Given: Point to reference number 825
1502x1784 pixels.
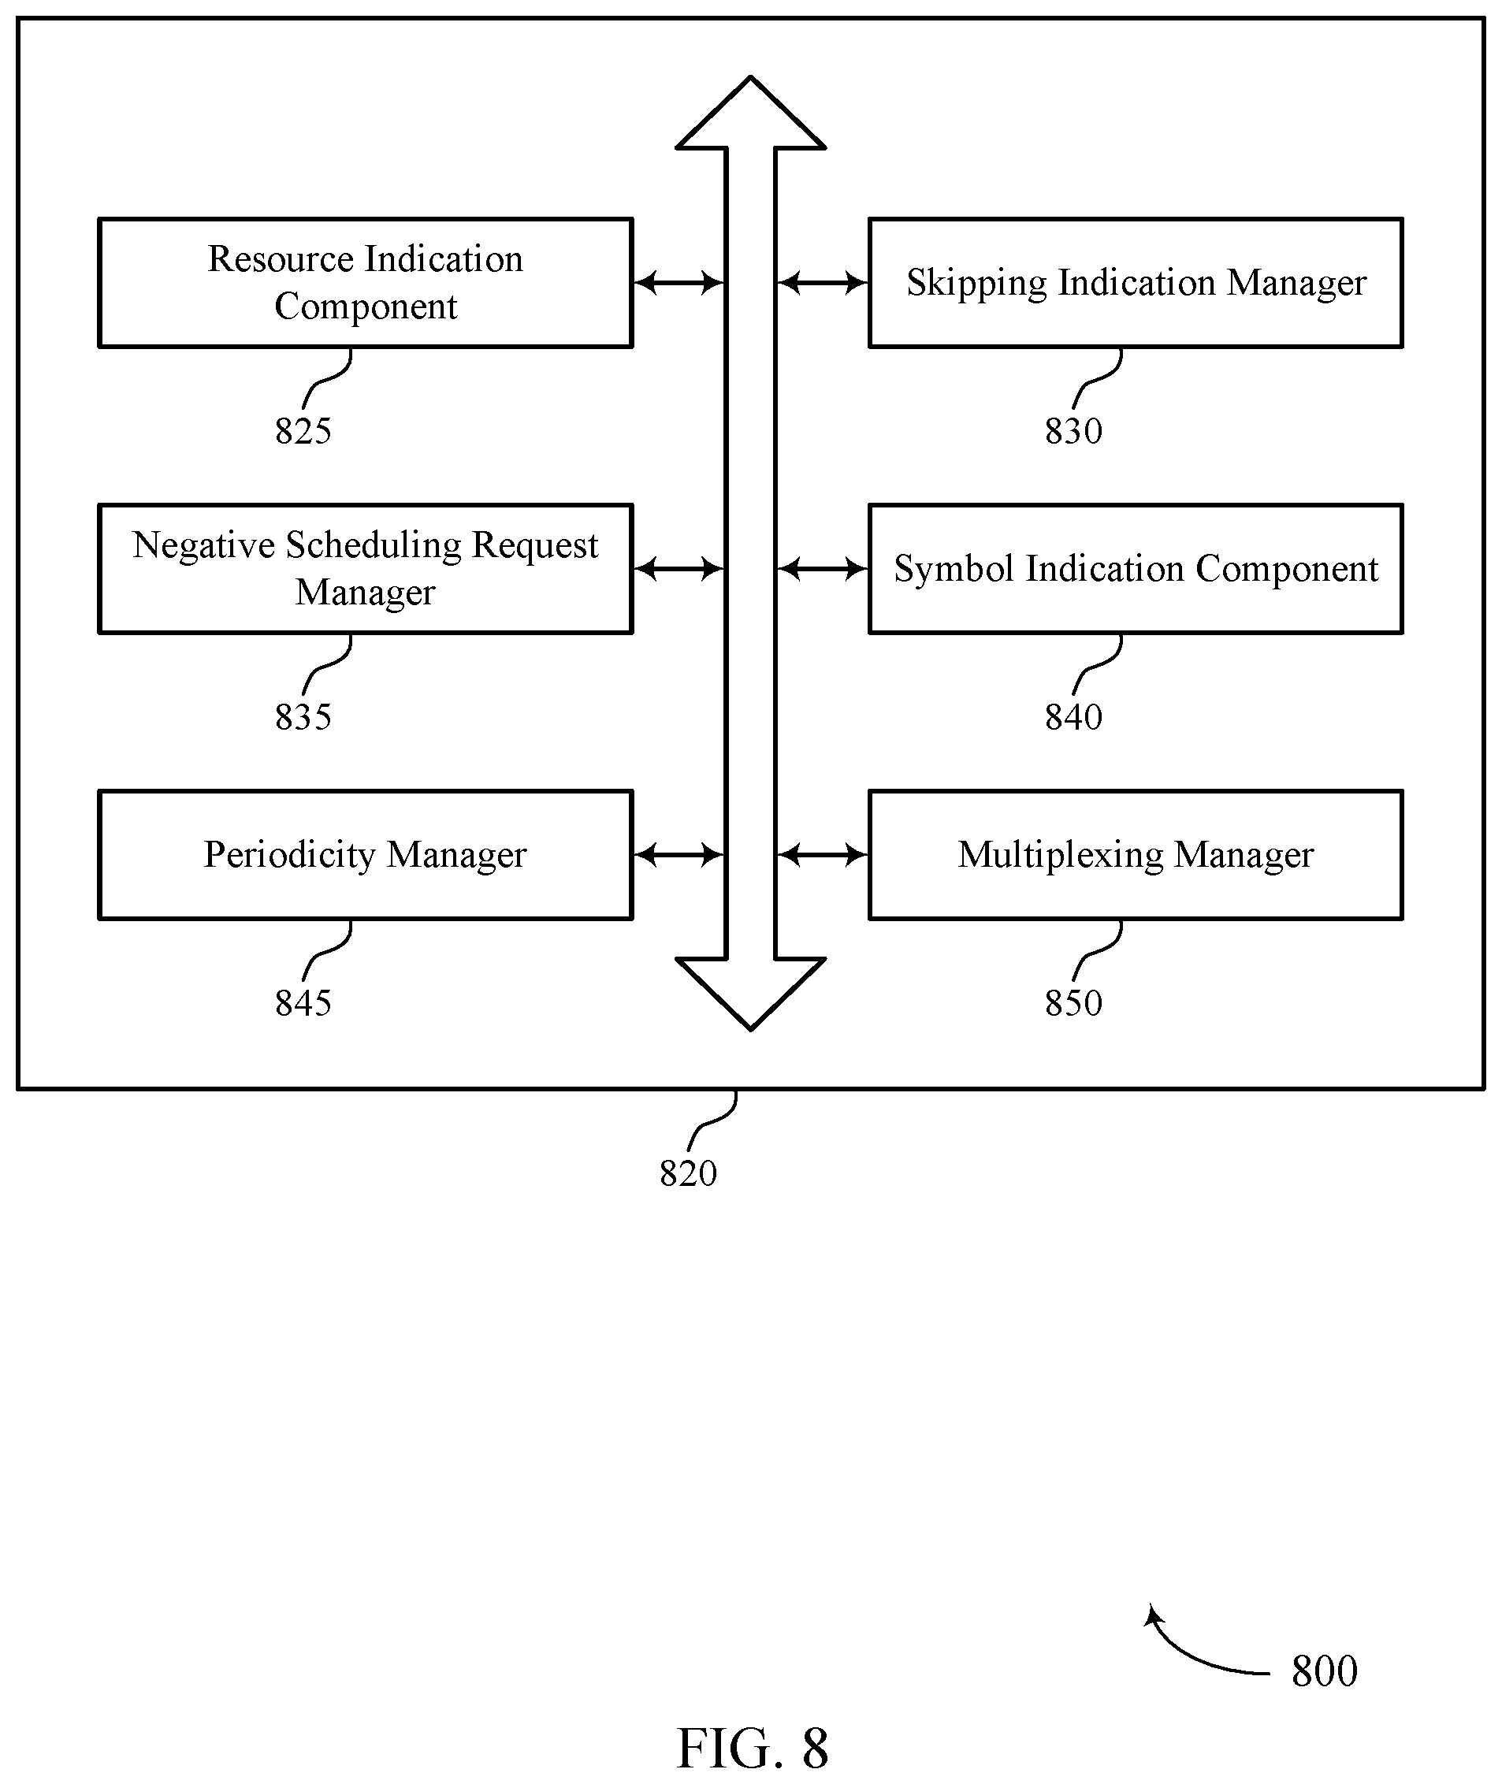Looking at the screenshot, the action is click(x=303, y=431).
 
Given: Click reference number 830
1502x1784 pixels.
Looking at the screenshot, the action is click(x=1074, y=431).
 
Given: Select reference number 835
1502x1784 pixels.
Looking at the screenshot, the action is click(x=303, y=717).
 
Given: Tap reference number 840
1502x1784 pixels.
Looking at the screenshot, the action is click(x=1074, y=717).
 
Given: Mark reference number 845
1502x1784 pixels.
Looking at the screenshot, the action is click(x=303, y=1003).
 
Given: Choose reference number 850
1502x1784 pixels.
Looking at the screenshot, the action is click(x=1074, y=1003).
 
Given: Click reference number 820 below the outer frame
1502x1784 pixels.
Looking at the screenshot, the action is click(x=688, y=1173).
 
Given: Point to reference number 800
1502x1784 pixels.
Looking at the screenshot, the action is click(x=1324, y=1671).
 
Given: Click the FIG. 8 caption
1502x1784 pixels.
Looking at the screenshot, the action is click(x=752, y=1749).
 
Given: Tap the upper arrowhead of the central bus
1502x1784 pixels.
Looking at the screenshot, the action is click(x=751, y=113).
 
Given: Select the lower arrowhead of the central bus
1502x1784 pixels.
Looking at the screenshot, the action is click(x=751, y=994).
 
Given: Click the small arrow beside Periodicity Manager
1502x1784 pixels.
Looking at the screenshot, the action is click(x=679, y=855).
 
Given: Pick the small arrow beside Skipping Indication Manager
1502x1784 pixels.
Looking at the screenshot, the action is click(x=823, y=283).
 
